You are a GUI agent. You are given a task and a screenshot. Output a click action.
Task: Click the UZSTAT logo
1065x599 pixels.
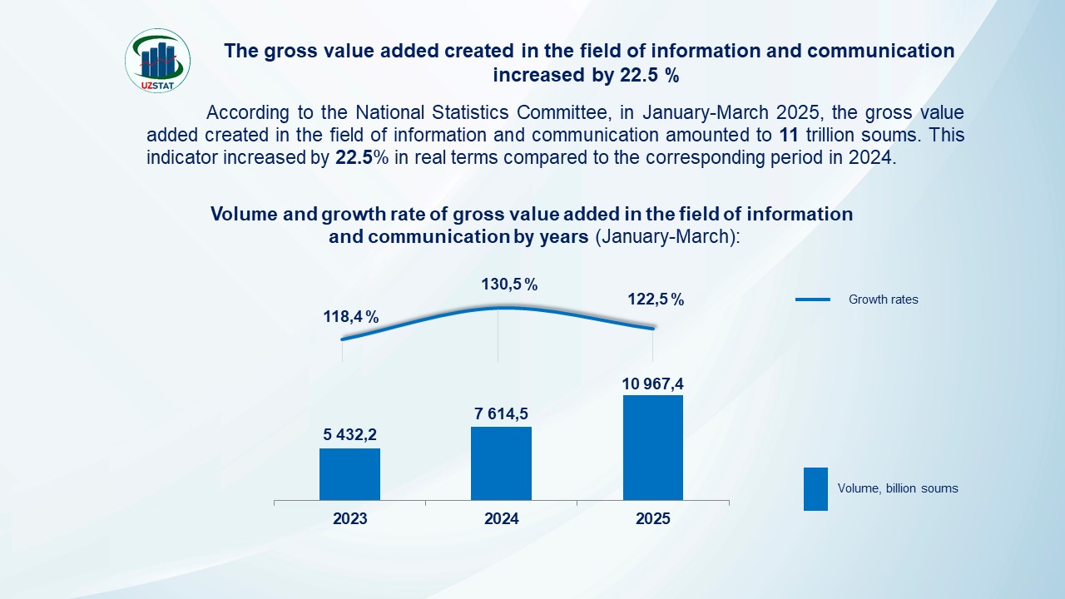[x=157, y=60]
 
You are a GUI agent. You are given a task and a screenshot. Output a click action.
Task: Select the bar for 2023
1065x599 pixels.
[x=349, y=474]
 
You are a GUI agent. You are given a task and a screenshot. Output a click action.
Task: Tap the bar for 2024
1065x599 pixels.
[x=501, y=463]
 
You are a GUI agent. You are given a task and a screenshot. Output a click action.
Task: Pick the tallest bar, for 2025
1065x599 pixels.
[x=652, y=448]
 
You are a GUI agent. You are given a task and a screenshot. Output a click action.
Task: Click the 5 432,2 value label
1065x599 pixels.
[x=349, y=434]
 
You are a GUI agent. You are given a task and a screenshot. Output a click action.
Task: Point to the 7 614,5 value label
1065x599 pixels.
[x=501, y=413]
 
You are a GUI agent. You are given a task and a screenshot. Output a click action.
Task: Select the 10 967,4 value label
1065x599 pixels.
[x=652, y=384]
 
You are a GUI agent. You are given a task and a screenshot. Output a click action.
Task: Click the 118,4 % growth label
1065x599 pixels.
[x=350, y=317]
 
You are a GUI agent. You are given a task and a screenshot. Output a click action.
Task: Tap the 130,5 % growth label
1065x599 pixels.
[x=509, y=285]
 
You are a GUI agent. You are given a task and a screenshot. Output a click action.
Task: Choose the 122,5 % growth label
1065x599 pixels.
[x=656, y=299]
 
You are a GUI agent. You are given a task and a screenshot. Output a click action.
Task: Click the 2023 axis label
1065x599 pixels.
[x=349, y=519]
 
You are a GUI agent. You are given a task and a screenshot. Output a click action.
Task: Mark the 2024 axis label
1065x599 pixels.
[x=501, y=519]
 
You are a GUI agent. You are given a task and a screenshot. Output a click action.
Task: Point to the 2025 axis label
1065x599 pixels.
[x=652, y=519]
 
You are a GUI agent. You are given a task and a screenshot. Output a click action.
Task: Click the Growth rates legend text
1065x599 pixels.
[x=883, y=299]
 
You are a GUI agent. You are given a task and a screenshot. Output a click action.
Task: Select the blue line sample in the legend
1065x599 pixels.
[x=812, y=299]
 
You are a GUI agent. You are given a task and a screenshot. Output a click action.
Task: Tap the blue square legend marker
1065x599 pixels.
[x=815, y=488]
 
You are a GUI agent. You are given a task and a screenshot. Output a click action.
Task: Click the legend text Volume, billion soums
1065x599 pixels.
[x=898, y=488]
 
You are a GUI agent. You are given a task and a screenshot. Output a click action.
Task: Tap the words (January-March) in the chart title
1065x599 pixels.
[x=666, y=236]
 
